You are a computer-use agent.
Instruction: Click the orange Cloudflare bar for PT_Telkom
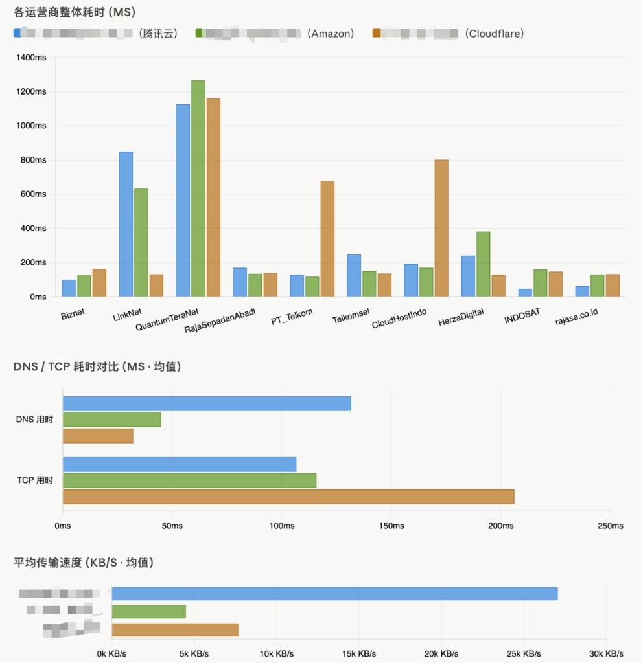click(x=327, y=238)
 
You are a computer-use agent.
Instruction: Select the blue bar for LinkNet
click(x=126, y=224)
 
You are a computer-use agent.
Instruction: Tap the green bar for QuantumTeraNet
click(x=198, y=188)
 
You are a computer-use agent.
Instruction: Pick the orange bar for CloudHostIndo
click(x=441, y=228)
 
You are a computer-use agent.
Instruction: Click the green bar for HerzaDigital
click(x=483, y=264)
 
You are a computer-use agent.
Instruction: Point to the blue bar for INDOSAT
click(x=525, y=293)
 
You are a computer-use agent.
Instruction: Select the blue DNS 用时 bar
click(x=207, y=403)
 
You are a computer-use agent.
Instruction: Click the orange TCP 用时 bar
click(x=288, y=497)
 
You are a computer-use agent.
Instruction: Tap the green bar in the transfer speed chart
click(x=149, y=612)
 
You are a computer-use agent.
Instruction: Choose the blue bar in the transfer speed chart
click(x=334, y=594)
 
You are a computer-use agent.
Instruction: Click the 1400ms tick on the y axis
click(x=31, y=58)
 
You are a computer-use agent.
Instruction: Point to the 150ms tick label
click(x=391, y=526)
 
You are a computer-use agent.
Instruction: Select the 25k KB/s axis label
click(x=523, y=653)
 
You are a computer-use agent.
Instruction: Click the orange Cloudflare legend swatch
click(x=377, y=33)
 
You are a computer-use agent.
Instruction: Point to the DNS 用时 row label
click(x=34, y=420)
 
